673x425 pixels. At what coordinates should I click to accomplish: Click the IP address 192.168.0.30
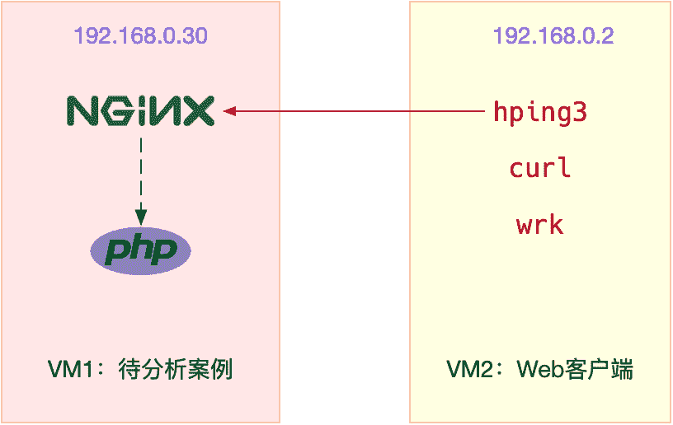[x=140, y=36]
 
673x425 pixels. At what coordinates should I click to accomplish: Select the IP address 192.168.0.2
[x=553, y=36]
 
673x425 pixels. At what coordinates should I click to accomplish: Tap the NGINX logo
[x=140, y=110]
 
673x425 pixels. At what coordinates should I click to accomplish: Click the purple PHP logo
[x=140, y=250]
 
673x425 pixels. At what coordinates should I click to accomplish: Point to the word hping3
[x=539, y=111]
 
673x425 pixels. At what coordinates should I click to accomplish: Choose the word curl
[x=539, y=168]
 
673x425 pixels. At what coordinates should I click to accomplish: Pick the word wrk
[x=539, y=224]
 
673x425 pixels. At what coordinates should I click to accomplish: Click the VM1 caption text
[x=140, y=369]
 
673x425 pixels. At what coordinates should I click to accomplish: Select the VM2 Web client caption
[x=539, y=369]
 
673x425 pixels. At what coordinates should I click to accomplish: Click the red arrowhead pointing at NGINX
[x=228, y=110]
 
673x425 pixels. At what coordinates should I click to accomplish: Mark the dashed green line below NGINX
[x=141, y=173]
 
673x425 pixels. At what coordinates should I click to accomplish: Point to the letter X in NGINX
[x=200, y=110]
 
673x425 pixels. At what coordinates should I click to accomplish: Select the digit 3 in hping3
[x=580, y=111]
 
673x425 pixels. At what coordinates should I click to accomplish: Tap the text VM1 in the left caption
[x=67, y=369]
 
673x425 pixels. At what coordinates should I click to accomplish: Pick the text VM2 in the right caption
[x=467, y=369]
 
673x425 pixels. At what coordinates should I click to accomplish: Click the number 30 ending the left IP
[x=195, y=36]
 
